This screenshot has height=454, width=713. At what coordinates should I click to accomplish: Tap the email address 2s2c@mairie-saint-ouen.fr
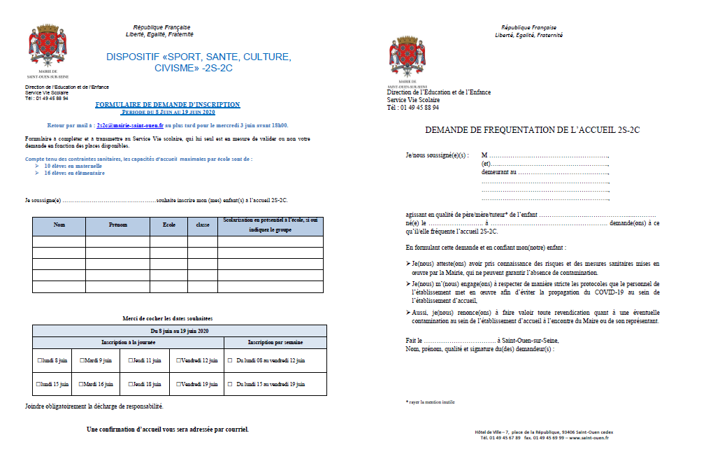pyautogui.click(x=130, y=125)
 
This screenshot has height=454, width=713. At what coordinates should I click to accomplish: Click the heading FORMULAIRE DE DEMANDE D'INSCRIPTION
pyautogui.click(x=168, y=105)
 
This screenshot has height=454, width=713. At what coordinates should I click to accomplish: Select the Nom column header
pyautogui.click(x=59, y=225)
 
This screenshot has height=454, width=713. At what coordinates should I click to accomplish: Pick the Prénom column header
pyautogui.click(x=118, y=225)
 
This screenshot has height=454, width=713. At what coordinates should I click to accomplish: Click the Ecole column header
pyautogui.click(x=168, y=225)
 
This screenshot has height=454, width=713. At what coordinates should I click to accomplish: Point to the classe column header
pyautogui.click(x=203, y=225)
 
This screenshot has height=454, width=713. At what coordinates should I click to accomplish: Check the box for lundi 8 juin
pyautogui.click(x=40, y=360)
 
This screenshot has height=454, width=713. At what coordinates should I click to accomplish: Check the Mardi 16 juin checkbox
pyautogui.click(x=82, y=384)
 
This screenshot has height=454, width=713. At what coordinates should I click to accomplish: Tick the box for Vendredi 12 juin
pyautogui.click(x=180, y=360)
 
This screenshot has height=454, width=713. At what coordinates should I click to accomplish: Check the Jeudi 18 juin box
pyautogui.click(x=131, y=384)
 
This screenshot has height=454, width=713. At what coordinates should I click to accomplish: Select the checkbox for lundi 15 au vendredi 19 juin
pyautogui.click(x=230, y=384)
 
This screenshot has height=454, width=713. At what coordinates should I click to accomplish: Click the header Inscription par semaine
pyautogui.click(x=275, y=342)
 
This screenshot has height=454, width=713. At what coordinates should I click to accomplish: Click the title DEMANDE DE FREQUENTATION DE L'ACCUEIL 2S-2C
pyautogui.click(x=532, y=130)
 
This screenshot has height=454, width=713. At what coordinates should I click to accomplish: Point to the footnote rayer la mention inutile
pyautogui.click(x=431, y=402)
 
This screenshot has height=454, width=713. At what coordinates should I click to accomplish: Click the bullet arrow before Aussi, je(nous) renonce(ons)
pyautogui.click(x=408, y=313)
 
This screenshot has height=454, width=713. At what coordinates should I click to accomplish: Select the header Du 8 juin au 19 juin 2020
pyautogui.click(x=179, y=330)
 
